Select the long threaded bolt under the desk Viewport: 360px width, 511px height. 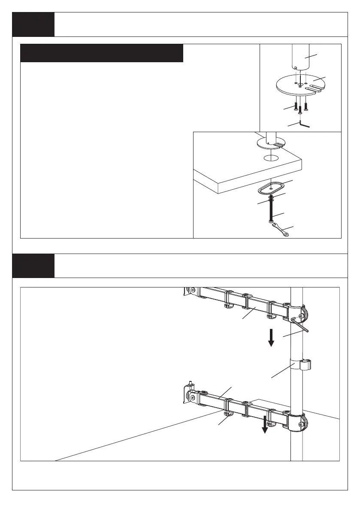272,212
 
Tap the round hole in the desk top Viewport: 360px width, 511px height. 270,157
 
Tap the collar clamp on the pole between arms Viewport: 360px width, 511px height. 299,364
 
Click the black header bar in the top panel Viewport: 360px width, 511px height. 102,53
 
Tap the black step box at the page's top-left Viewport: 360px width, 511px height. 33,24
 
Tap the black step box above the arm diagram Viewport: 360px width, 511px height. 33,266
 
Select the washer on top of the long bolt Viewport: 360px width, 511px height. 271,198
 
